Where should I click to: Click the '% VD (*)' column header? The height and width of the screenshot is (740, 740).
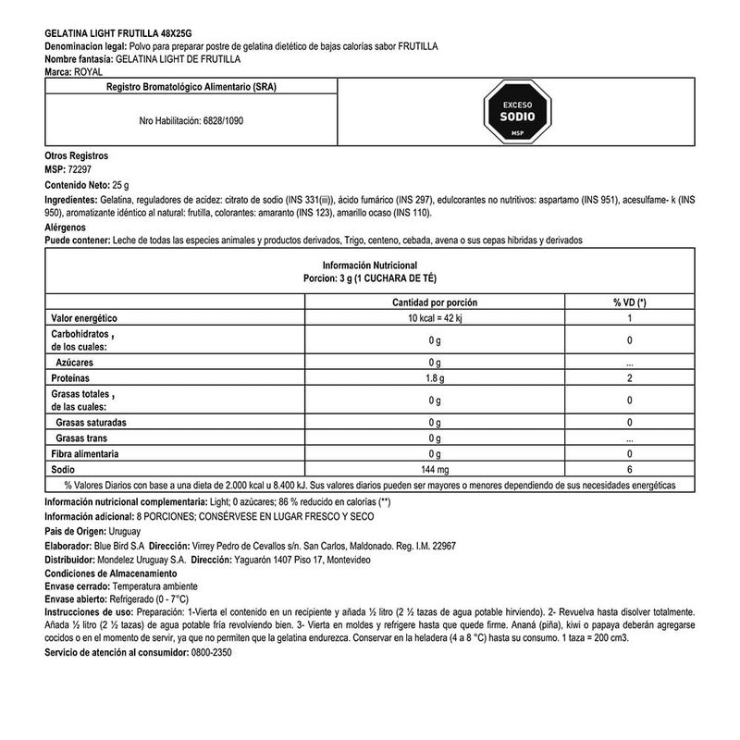629,303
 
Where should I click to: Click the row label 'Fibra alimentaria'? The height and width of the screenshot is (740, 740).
88,455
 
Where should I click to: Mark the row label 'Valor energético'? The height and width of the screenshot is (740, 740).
86,318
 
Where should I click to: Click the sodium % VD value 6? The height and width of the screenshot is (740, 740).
629,470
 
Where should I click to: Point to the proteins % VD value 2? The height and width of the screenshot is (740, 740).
629,379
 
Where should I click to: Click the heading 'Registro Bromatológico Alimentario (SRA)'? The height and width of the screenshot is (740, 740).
191,87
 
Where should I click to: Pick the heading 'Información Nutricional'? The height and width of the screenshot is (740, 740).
369,265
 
